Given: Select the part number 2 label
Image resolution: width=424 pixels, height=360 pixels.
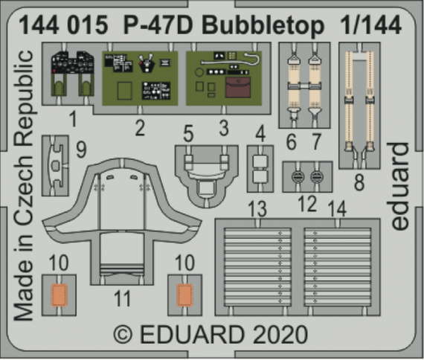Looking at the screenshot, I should (139, 128).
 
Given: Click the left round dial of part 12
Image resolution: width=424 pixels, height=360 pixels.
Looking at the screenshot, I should (298, 177).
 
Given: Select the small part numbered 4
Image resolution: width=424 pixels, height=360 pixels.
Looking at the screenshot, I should (259, 167).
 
